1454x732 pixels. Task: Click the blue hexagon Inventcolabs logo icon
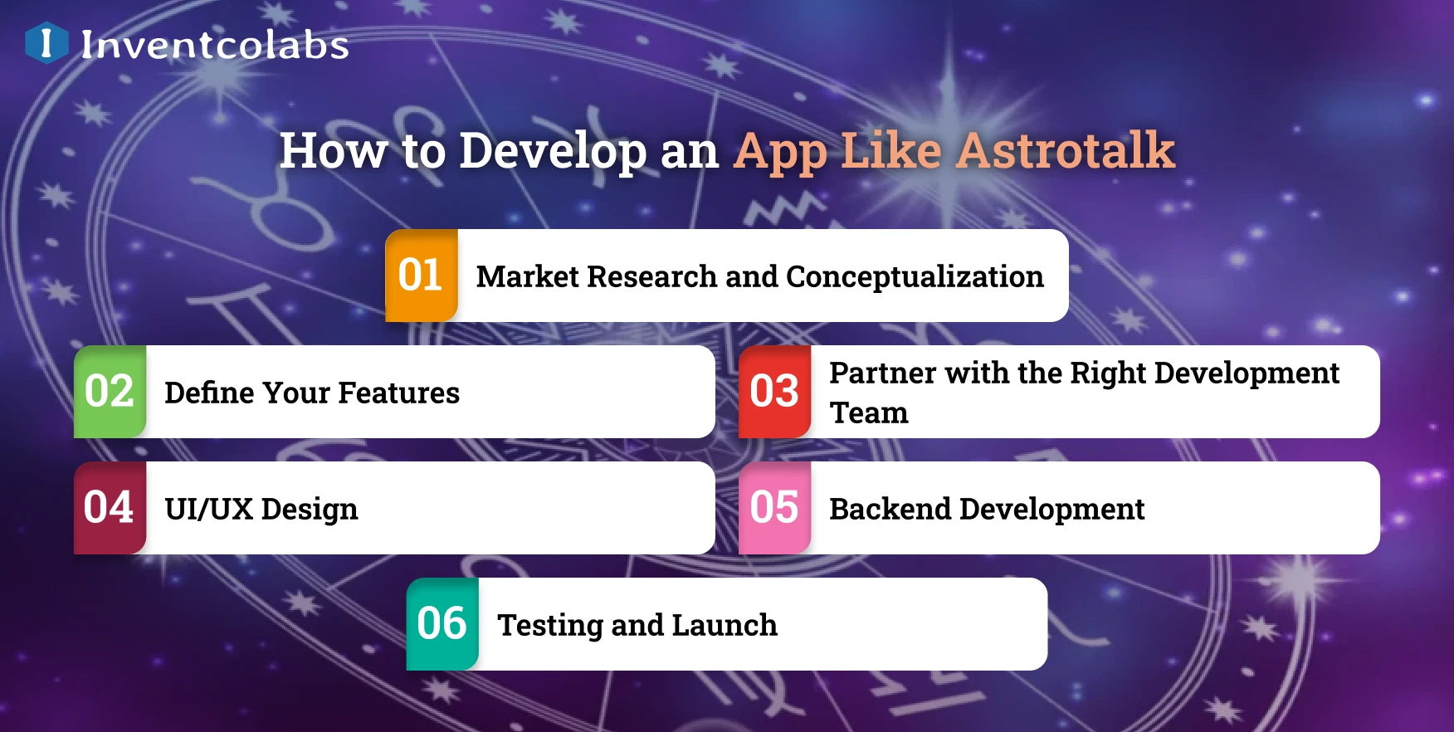pyautogui.click(x=46, y=42)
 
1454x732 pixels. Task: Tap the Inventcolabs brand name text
pyautogui.click(x=215, y=45)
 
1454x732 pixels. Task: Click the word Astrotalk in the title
pyautogui.click(x=1066, y=151)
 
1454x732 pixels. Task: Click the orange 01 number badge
pyautogui.click(x=422, y=276)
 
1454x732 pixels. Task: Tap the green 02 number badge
pyautogui.click(x=110, y=392)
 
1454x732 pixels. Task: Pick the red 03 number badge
pyautogui.click(x=775, y=392)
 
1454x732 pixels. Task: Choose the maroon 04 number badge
pyautogui.click(x=110, y=508)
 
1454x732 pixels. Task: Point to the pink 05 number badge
pyautogui.click(x=775, y=508)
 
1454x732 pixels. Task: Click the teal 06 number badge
pyautogui.click(x=442, y=624)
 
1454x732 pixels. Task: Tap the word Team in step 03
pyautogui.click(x=869, y=412)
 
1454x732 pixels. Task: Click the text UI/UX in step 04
pyautogui.click(x=209, y=509)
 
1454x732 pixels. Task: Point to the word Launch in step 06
pyautogui.click(x=725, y=625)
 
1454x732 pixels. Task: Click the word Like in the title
pyautogui.click(x=891, y=151)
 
